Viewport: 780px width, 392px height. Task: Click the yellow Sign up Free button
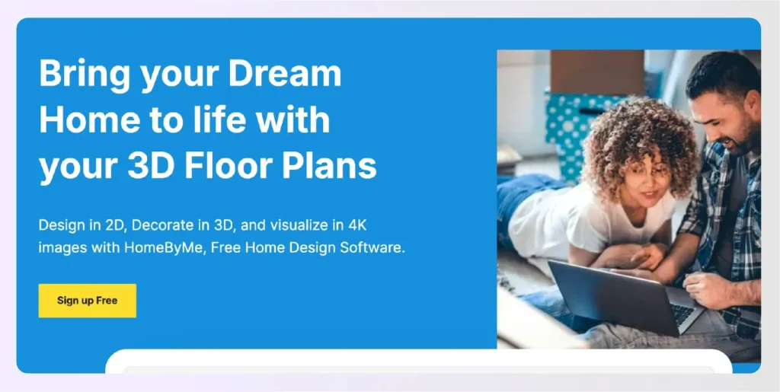pos(87,301)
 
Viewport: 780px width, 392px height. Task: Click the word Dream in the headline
pos(285,74)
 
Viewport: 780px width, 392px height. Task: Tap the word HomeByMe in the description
pos(163,248)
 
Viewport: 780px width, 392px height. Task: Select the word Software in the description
pos(375,248)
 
